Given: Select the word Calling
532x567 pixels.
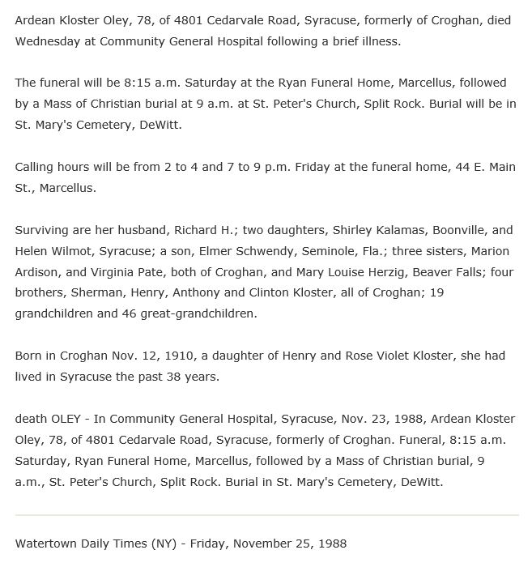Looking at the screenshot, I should click(x=36, y=167).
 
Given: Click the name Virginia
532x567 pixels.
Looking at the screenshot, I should click(x=125, y=272).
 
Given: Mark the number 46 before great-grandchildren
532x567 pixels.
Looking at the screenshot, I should click(x=128, y=313).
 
